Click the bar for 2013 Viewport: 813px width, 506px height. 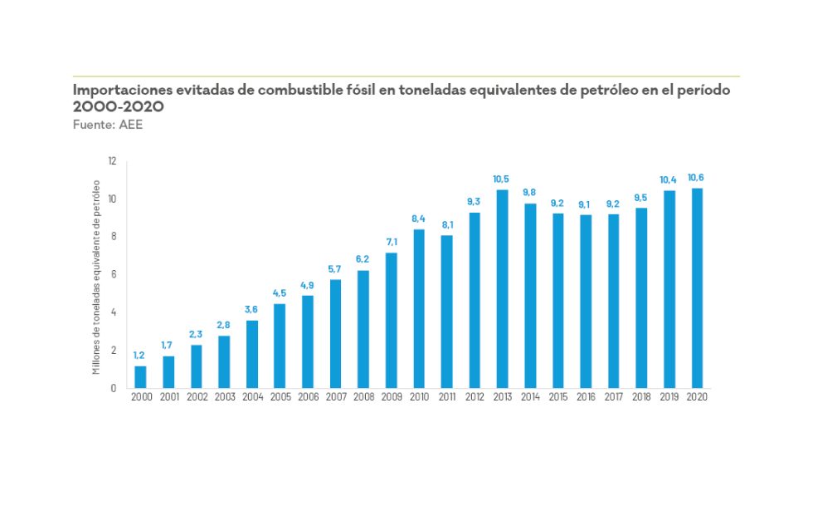[x=502, y=289]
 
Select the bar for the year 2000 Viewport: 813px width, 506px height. [x=140, y=376]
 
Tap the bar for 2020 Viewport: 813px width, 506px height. [x=698, y=288]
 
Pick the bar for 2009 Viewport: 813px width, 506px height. [x=391, y=320]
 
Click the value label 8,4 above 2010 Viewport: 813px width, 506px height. [x=419, y=219]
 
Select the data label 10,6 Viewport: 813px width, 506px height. [x=697, y=177]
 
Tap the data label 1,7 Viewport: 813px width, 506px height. [x=168, y=345]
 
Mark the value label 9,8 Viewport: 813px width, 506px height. [x=530, y=192]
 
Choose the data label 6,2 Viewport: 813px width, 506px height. [x=363, y=259]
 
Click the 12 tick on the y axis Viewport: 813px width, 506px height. [x=112, y=161]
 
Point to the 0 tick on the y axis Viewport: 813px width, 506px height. [x=114, y=388]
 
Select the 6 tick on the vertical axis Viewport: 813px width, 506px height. [x=114, y=275]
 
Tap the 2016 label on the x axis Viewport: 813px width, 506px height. [x=586, y=398]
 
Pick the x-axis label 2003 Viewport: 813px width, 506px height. [x=224, y=398]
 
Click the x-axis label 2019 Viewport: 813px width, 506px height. [x=669, y=398]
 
